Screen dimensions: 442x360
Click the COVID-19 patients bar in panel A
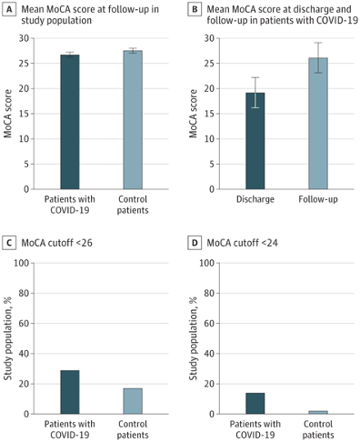tap(70, 122)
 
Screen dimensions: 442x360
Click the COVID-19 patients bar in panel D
tap(255, 403)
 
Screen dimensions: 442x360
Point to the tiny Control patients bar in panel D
tap(317, 412)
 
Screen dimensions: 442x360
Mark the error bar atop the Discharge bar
tap(255, 93)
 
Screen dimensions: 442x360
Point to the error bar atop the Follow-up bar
tap(317, 57)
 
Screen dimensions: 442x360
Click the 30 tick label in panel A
tap(31, 38)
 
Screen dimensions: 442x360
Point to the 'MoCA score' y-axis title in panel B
tap(195, 114)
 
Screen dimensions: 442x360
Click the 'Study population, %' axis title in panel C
tap(13, 338)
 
